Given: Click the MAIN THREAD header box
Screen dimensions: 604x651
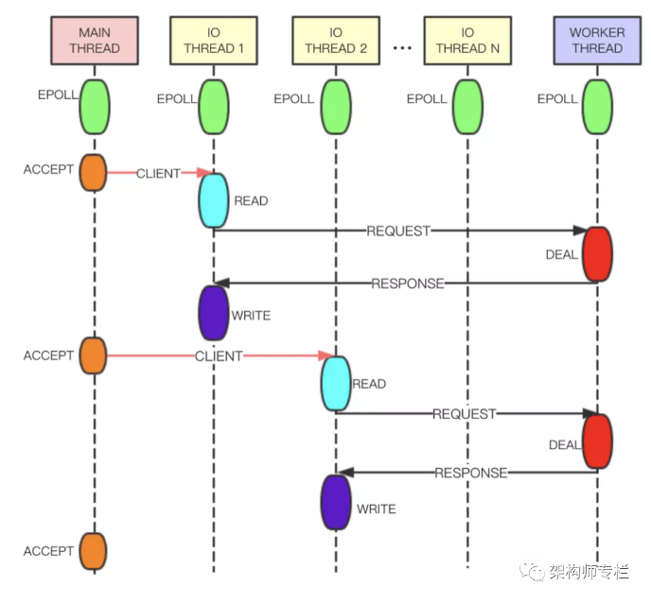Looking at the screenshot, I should click(95, 40).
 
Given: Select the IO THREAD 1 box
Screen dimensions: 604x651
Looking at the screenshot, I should click(214, 40).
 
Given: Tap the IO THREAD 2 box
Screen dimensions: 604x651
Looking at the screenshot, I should click(336, 40).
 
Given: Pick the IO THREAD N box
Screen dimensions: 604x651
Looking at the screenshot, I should click(466, 40).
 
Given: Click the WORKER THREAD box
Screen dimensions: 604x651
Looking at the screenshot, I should click(597, 40).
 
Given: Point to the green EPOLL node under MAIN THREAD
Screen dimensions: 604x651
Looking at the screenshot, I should click(95, 106).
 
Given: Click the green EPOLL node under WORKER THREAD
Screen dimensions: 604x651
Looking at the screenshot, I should click(597, 106).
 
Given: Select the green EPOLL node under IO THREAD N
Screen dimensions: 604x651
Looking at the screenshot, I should click(466, 106).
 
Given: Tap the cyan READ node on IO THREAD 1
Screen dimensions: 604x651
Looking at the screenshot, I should click(214, 199).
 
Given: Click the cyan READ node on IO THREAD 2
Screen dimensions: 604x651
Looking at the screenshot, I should click(336, 383).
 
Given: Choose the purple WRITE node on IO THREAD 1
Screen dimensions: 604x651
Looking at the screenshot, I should click(214, 312).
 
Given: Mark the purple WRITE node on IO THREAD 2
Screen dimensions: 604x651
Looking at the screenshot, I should click(336, 501).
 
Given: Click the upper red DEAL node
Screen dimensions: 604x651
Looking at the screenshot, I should click(597, 254).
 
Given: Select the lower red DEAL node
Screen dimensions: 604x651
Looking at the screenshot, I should click(597, 441).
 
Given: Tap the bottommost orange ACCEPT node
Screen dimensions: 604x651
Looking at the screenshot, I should click(93, 551).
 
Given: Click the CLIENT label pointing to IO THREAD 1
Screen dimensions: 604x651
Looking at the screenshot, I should click(158, 174).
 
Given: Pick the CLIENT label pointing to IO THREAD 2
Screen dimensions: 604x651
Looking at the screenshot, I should click(219, 356).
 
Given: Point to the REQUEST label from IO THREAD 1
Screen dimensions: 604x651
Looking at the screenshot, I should click(398, 231).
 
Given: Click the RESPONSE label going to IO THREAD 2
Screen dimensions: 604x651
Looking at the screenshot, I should click(470, 473).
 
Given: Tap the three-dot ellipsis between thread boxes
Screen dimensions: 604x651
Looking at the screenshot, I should click(401, 47).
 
